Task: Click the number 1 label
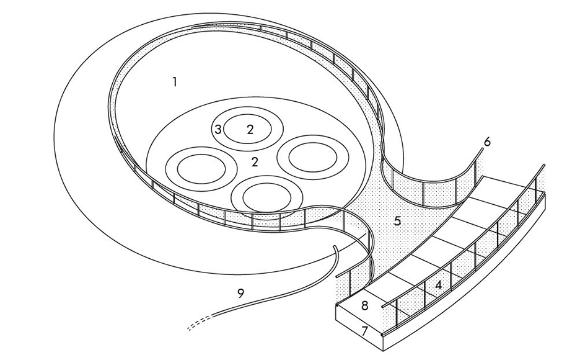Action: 175,82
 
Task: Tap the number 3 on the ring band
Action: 218,129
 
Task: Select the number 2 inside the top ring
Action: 250,129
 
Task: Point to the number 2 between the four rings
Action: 255,162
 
